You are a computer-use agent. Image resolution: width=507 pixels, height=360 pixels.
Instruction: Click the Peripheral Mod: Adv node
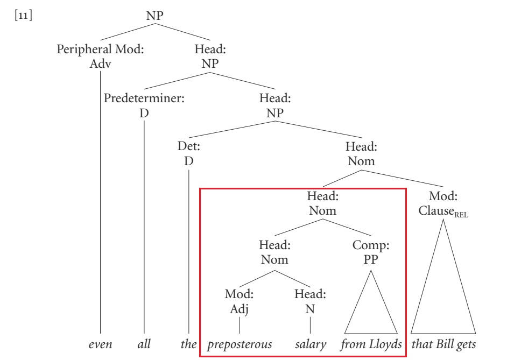101,56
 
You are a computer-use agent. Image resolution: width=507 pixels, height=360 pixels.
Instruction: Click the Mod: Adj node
238,302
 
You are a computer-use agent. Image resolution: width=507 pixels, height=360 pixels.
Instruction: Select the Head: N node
310,302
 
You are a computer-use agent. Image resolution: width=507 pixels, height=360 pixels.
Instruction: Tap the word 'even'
101,344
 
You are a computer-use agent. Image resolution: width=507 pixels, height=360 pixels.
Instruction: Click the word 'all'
144,344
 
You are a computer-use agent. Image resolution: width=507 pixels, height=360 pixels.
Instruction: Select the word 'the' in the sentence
188,344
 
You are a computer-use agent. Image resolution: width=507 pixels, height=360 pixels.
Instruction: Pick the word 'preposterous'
238,344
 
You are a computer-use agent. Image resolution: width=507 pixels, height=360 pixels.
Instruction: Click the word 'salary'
311,344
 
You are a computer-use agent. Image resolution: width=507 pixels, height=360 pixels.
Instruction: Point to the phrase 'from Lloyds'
370,344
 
